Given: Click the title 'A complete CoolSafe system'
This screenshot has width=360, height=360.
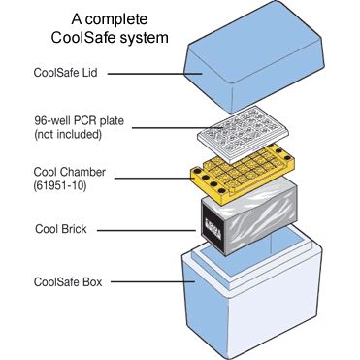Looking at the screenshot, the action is coord(110,28).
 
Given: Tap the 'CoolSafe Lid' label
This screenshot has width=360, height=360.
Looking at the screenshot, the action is coord(65,72).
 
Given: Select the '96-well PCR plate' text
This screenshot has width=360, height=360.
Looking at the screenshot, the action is coord(79,121).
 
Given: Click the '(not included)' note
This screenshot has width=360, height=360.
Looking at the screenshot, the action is coord(68,134).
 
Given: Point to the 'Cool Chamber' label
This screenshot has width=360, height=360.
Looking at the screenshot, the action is coord(70,172).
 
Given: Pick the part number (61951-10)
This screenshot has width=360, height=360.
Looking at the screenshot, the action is coord(60,185).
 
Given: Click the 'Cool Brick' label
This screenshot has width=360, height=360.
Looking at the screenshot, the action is coord(61,229).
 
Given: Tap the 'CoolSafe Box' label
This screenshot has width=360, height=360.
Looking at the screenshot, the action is coord(68,281).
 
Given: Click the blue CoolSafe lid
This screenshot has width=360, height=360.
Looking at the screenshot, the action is coord(254,55).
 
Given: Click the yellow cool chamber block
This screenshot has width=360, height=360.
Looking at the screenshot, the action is coord(243,174).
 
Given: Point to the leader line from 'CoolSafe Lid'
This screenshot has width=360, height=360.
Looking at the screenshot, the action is coord(155,74).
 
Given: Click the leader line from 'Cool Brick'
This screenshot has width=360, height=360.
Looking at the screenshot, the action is coord(147,230).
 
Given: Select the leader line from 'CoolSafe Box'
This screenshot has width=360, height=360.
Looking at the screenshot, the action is coord(152,281).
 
